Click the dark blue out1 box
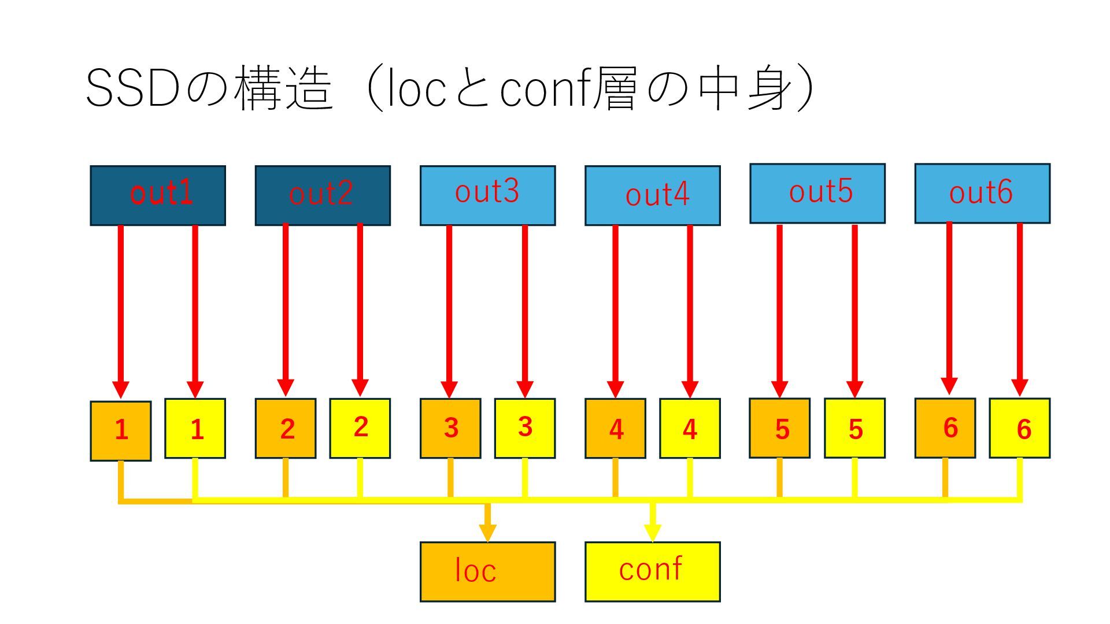(158, 195)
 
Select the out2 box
(323, 195)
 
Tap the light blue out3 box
(487, 195)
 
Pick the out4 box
(652, 195)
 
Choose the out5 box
(817, 193)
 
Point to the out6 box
(982, 193)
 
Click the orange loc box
(487, 571)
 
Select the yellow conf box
(652, 571)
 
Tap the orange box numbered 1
(121, 430)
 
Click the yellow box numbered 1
(195, 428)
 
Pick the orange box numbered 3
(450, 428)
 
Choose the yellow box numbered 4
(690, 428)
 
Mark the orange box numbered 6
(945, 428)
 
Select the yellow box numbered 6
(1019, 428)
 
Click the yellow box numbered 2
(360, 428)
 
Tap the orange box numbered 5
(779, 428)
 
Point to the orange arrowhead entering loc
(487, 532)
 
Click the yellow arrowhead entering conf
(653, 532)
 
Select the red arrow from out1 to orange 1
(121, 306)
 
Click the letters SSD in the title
(132, 88)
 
